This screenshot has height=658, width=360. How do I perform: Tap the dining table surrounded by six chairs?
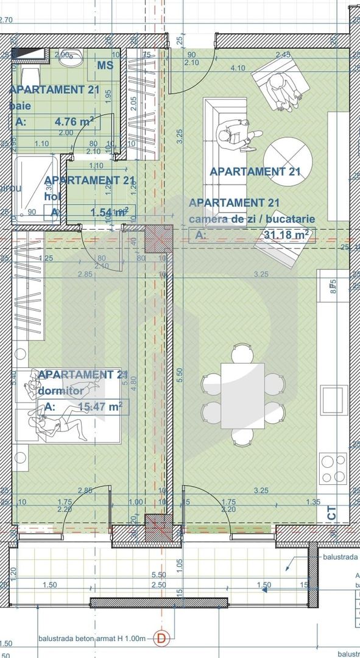click(242, 395)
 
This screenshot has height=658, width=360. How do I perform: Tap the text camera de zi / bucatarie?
click(252, 218)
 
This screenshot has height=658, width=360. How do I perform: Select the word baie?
click(19, 106)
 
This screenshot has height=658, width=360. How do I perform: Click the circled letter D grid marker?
click(161, 638)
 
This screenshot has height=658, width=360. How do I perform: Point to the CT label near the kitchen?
click(332, 514)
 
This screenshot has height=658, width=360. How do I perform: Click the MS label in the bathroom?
click(105, 65)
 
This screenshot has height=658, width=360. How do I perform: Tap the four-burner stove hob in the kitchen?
click(333, 468)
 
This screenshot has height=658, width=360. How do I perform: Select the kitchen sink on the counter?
click(334, 400)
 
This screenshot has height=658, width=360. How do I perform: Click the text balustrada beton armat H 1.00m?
click(92, 638)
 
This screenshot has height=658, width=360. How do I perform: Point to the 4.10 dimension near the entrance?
click(238, 68)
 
